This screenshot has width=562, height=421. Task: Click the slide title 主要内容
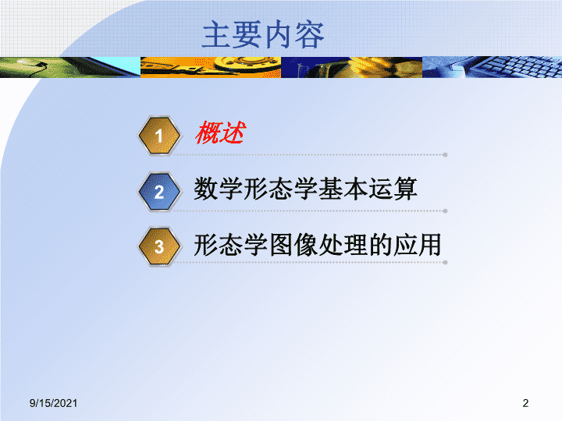(263, 35)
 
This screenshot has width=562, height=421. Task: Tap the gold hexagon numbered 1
(159, 136)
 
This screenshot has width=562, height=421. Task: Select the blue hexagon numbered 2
(159, 192)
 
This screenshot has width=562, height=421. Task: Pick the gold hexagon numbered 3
(159, 246)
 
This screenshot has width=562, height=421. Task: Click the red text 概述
(220, 133)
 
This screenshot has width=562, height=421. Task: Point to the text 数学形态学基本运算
(305, 189)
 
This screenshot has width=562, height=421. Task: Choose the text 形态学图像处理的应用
(317, 245)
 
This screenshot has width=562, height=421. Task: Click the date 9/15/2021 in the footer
(53, 403)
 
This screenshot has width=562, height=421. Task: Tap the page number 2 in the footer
(525, 403)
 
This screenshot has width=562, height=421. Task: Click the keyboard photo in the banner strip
(492, 67)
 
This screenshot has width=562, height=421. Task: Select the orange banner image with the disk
(211, 67)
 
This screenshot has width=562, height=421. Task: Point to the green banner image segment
(70, 67)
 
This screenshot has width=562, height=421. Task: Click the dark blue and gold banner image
(351, 67)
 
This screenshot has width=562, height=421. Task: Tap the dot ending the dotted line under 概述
(445, 155)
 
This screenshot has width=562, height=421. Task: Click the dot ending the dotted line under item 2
(445, 210)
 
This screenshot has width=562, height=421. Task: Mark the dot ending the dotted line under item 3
(445, 263)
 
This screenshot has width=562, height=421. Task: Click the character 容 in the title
(310, 35)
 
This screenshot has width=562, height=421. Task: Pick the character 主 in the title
(216, 35)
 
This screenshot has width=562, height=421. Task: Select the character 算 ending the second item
(405, 189)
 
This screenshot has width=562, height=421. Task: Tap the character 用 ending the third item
(429, 245)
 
